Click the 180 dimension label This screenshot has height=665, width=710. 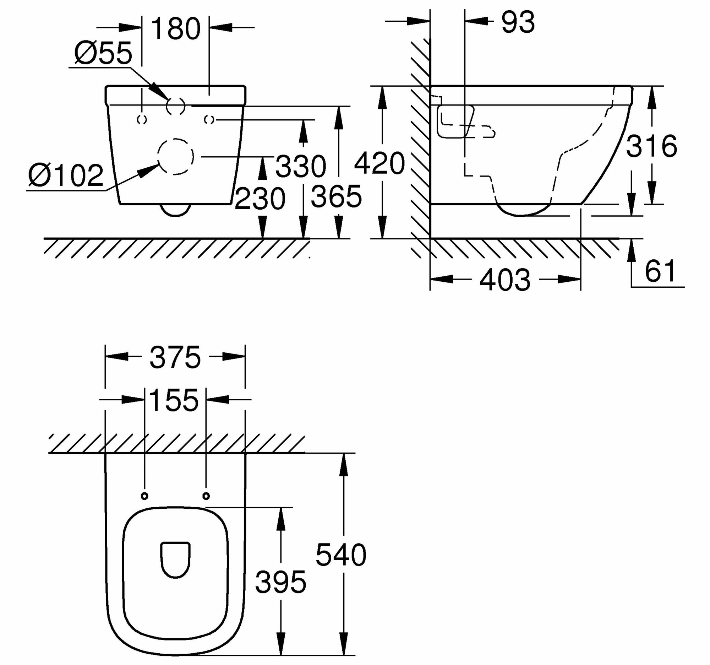[176, 28]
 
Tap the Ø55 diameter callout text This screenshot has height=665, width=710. [103, 53]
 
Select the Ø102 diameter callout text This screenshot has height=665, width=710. [66, 175]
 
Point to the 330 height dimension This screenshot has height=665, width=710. [301, 166]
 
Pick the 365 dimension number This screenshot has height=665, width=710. [337, 196]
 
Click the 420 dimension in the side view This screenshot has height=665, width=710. [379, 163]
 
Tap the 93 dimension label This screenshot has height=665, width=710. [518, 22]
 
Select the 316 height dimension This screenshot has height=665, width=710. [651, 146]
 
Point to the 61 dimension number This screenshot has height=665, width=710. [660, 272]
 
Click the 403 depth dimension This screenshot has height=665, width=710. [505, 280]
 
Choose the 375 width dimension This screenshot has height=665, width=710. [175, 357]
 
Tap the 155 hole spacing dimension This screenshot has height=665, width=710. [174, 401]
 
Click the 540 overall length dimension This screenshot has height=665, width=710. [341, 555]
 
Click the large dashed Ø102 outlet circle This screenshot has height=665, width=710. [175, 157]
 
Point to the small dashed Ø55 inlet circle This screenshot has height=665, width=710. [175, 106]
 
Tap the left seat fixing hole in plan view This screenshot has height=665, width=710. [144, 496]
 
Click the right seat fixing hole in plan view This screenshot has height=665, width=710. [206, 496]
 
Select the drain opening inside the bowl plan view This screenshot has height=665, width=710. [175, 559]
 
